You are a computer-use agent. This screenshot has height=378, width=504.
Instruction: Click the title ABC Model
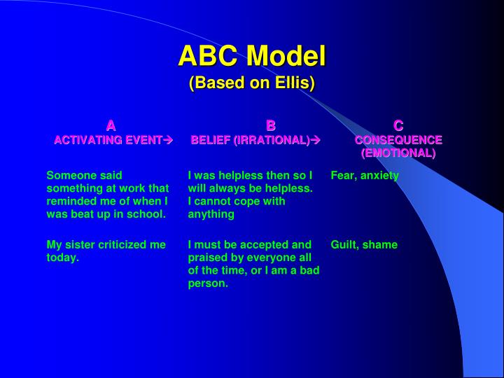(252, 55)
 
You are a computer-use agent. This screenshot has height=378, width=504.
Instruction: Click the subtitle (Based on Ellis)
(252, 83)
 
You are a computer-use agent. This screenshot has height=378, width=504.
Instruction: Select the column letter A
(111, 126)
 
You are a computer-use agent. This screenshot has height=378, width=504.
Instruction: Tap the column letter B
(271, 126)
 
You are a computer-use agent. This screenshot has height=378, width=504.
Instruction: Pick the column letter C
(398, 126)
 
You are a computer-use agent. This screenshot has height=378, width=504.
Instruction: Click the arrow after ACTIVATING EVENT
(167, 140)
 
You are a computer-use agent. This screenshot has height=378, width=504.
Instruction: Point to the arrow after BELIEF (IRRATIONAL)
(315, 140)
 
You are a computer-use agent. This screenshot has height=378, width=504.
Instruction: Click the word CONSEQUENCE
(398, 140)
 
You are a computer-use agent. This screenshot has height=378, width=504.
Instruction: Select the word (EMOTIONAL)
(398, 153)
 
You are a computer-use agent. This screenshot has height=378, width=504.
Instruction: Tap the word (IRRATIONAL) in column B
(272, 140)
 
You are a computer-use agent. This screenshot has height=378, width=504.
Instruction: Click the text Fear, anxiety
(365, 176)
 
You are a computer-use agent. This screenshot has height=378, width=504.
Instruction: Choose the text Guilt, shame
(364, 244)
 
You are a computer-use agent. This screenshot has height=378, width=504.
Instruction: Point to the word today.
(62, 258)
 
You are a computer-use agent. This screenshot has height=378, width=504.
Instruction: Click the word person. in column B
(208, 283)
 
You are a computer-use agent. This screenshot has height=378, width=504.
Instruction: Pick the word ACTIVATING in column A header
(83, 140)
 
